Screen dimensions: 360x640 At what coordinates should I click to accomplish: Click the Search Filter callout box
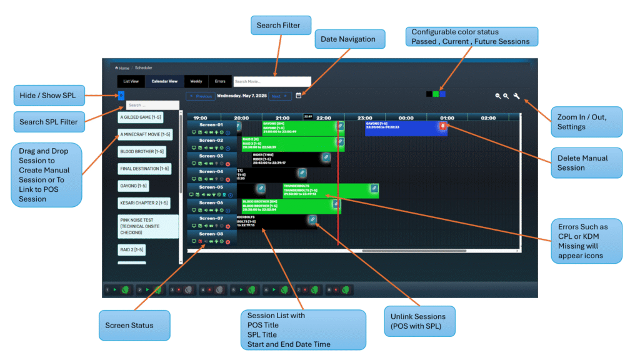[278, 26]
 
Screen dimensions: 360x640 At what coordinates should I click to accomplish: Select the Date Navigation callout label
[349, 39]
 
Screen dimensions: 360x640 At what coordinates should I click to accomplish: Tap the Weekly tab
[196, 81]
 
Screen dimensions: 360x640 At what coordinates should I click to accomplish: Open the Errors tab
[220, 81]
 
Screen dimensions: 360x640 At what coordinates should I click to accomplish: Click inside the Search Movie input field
[272, 81]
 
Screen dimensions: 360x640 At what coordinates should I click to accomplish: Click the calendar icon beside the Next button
[299, 96]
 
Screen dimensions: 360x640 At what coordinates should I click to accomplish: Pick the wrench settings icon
[517, 96]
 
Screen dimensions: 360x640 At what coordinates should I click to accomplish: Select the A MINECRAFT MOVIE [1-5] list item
[145, 134]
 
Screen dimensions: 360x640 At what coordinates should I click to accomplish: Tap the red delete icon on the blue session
[442, 126]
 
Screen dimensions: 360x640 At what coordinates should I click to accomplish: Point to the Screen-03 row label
[211, 156]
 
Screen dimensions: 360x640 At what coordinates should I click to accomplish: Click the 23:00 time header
[365, 117]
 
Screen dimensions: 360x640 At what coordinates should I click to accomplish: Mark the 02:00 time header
[488, 117]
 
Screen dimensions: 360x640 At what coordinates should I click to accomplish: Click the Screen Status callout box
[129, 325]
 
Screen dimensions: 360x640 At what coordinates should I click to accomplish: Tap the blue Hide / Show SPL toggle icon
[121, 95]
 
